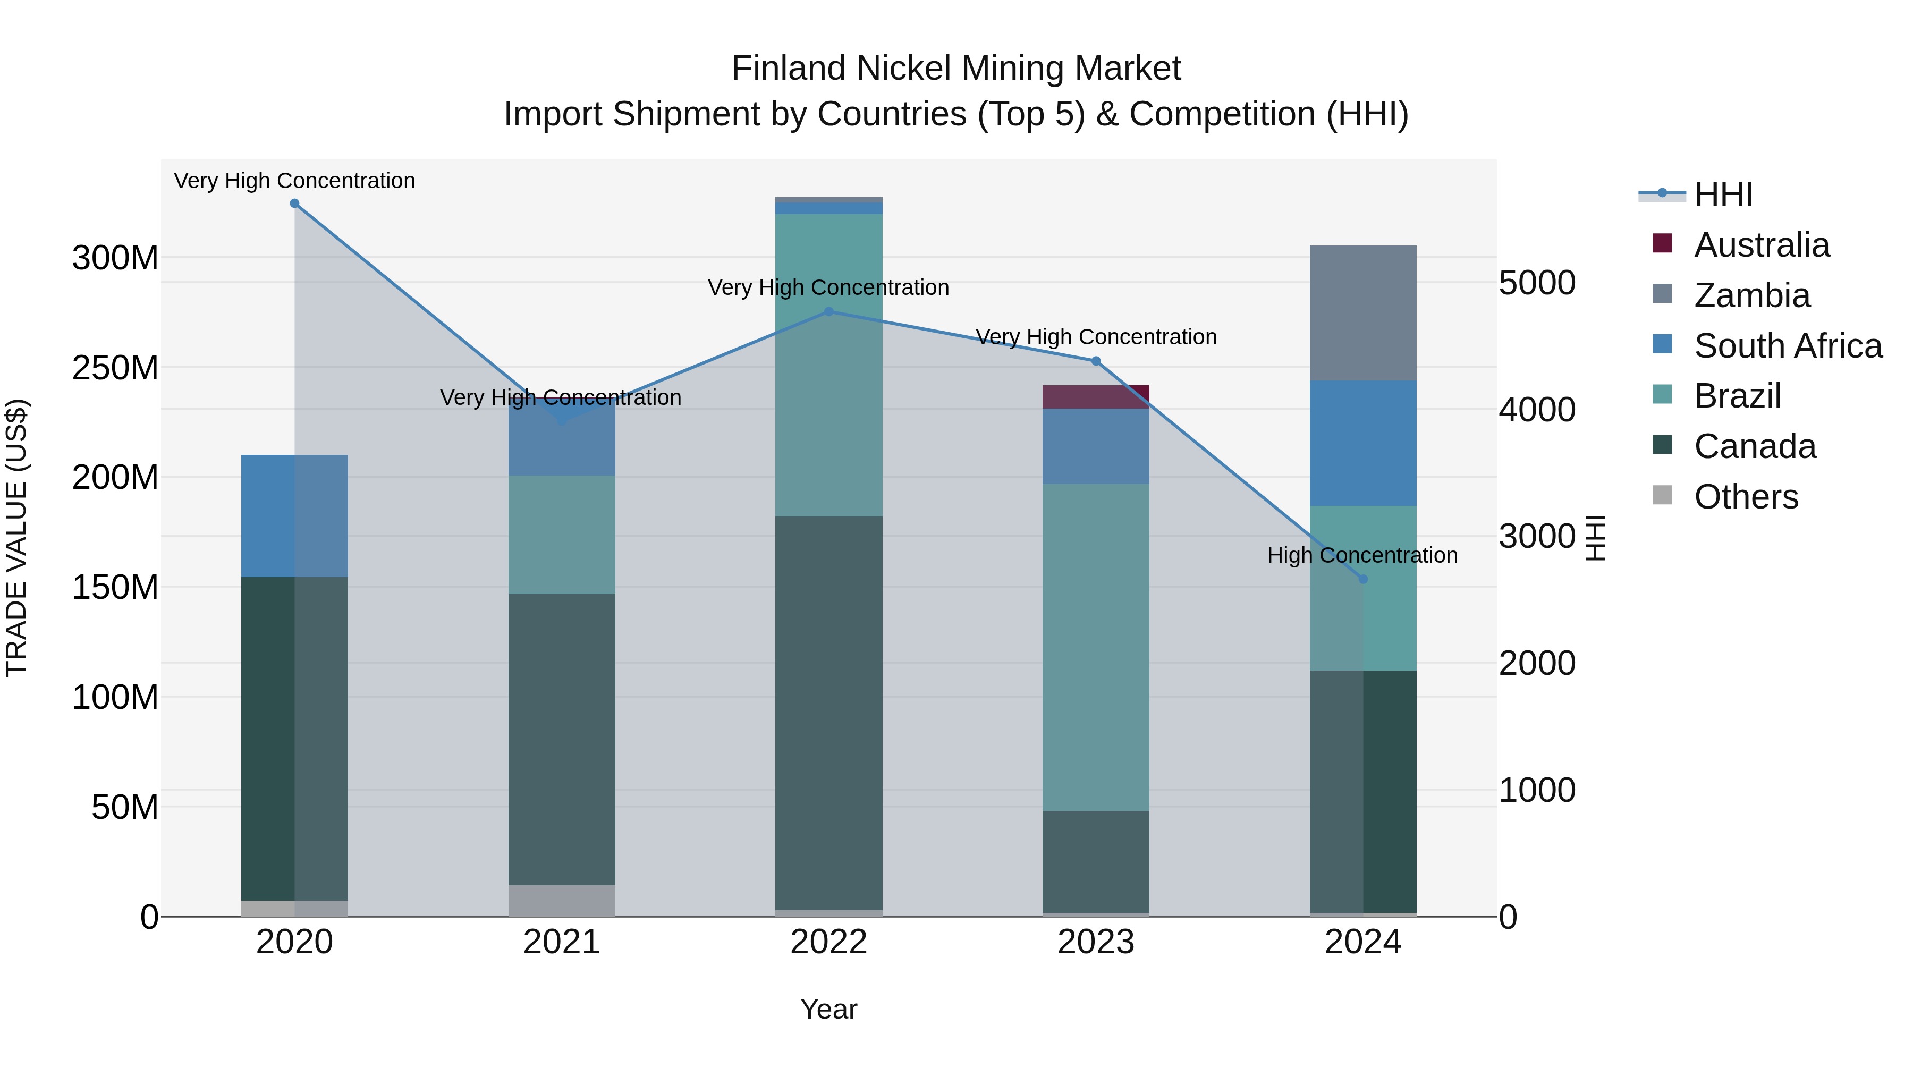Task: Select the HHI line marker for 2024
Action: tap(1362, 579)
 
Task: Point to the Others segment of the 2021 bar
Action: tap(562, 900)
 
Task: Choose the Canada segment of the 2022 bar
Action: tap(829, 713)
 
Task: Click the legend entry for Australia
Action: tap(1762, 245)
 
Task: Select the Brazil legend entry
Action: tap(1737, 396)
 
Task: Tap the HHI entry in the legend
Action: tap(1723, 194)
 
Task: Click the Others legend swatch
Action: tap(1662, 495)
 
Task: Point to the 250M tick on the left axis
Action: tap(115, 368)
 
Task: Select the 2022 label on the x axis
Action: tap(829, 942)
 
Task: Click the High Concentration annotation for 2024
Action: tap(1362, 555)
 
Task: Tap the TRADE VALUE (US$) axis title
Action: tap(16, 538)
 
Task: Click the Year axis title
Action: tap(829, 1009)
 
